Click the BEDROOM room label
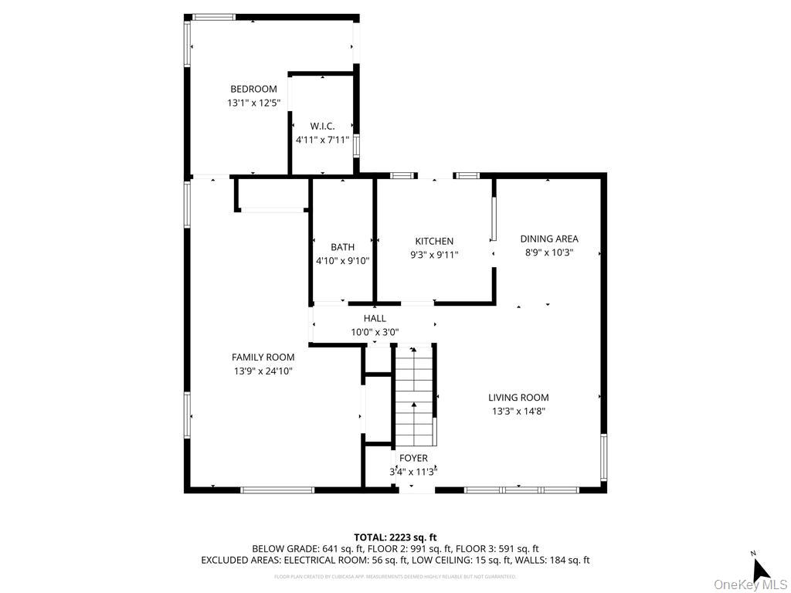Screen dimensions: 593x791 pos(253,89)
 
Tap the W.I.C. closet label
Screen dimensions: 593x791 pos(322,126)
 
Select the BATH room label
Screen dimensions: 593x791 pos(342,247)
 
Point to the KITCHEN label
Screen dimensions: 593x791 pos(434,241)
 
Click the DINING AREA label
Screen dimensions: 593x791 pos(548,239)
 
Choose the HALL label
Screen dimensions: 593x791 pos(375,318)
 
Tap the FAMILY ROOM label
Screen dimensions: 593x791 pos(263,357)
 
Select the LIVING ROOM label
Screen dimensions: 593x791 pos(518,398)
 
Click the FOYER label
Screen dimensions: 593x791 pos(413,458)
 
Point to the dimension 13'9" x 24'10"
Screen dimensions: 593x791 pos(263,371)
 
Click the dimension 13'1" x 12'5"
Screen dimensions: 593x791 pos(253,103)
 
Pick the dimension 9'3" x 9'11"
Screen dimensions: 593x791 pos(434,254)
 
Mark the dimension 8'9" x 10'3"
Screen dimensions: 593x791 pos(548,252)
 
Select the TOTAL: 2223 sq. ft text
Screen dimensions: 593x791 pos(395,537)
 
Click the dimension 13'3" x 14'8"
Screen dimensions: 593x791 pos(518,411)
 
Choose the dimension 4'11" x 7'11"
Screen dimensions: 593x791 pos(322,141)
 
